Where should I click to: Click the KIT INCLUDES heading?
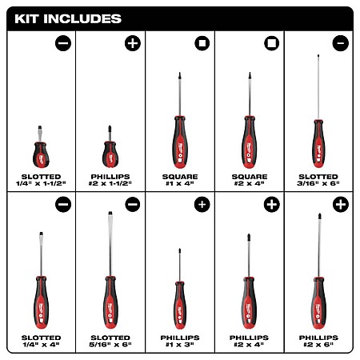68,19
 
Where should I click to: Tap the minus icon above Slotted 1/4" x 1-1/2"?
63,43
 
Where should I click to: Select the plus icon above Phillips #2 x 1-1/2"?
133,43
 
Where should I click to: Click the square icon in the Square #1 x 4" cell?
202,43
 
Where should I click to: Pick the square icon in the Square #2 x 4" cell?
272,43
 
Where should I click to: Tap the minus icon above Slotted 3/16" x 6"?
341,43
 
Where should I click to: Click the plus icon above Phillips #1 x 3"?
202,205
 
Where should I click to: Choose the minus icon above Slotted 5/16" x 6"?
133,205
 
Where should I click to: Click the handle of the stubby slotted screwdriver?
41,155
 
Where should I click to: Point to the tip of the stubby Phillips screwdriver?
110,126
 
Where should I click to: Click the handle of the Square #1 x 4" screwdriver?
180,142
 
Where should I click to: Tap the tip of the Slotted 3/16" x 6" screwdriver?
318,55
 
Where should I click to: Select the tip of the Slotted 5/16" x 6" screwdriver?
110,212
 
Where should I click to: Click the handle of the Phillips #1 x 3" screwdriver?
180,306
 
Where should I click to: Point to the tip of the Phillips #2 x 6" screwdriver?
319,214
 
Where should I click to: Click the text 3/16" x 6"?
318,183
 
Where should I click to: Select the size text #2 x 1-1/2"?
110,183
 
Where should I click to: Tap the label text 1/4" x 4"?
41,345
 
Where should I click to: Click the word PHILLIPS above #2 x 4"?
249,338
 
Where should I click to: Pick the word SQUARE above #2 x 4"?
250,177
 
